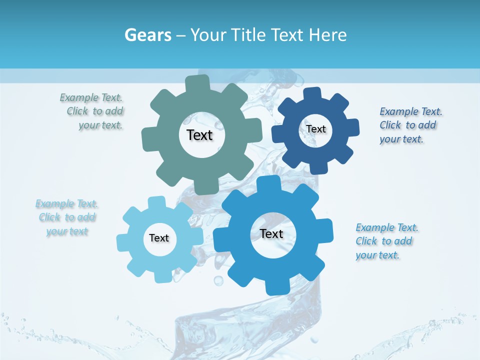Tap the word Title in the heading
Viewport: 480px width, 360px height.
[x=248, y=35]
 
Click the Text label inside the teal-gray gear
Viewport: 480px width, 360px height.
[x=199, y=135]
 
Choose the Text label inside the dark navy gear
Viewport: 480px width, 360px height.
[x=316, y=129]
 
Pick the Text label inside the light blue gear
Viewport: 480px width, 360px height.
[x=159, y=238]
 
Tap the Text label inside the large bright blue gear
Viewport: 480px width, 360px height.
[x=271, y=233]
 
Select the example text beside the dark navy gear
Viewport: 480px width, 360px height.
[x=410, y=125]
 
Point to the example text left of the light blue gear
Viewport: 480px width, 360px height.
[x=67, y=217]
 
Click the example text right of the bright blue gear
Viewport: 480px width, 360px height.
[x=386, y=241]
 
